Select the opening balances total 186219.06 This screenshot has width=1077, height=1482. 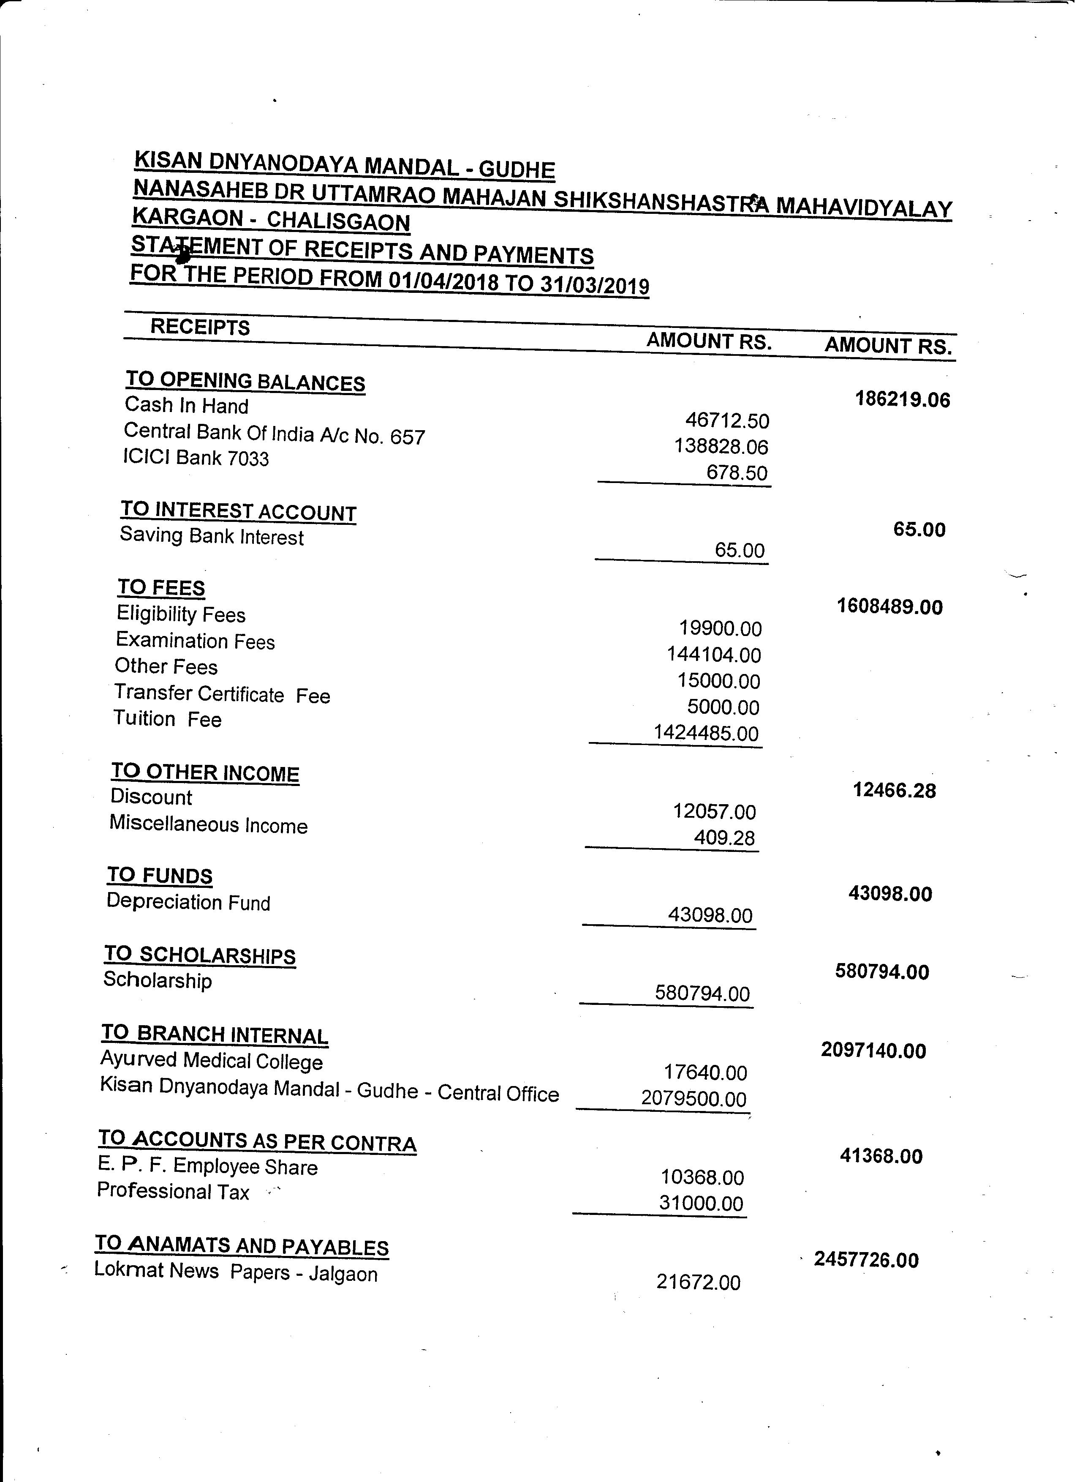click(903, 399)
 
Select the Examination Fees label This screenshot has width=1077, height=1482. click(195, 641)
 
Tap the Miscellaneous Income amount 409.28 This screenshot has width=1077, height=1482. click(725, 838)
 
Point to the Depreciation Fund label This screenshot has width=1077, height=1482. click(188, 902)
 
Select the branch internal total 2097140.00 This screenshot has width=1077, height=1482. click(874, 1050)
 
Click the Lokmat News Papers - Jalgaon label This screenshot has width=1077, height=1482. click(236, 1272)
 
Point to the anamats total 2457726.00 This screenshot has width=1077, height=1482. click(866, 1259)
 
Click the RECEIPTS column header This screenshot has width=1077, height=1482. click(200, 327)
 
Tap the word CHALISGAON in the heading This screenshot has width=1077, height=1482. click(338, 221)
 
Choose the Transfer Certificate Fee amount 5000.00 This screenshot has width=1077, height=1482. click(723, 707)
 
